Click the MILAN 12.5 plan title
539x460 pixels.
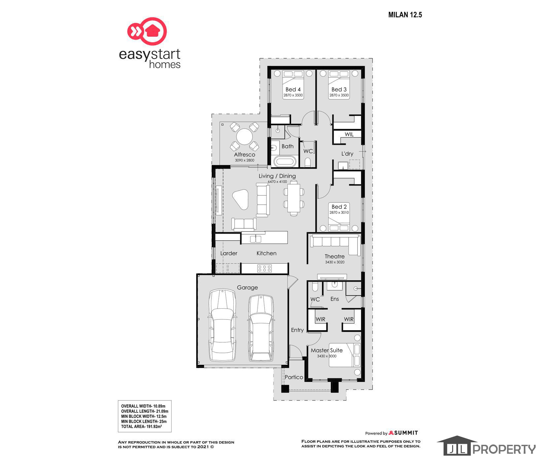pos(405,15)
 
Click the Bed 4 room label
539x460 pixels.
pos(293,90)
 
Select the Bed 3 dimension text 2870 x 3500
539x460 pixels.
pos(339,95)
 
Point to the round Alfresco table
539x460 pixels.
pos(244,136)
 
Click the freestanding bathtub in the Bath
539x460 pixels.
pos(285,162)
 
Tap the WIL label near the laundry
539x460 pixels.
pos(349,134)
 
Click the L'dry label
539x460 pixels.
pos(347,154)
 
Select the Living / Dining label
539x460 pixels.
pos(277,176)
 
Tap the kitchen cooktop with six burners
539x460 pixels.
pos(264,268)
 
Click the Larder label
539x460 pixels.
pos(229,253)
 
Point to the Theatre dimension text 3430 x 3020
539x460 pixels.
pos(335,262)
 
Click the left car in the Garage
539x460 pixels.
pos(222,326)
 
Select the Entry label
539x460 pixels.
pos(297,330)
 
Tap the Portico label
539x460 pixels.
pos(294,377)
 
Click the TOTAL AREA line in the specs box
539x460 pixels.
pos(141,427)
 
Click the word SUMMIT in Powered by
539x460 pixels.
pos(406,433)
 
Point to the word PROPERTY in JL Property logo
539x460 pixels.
pos(504,449)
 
